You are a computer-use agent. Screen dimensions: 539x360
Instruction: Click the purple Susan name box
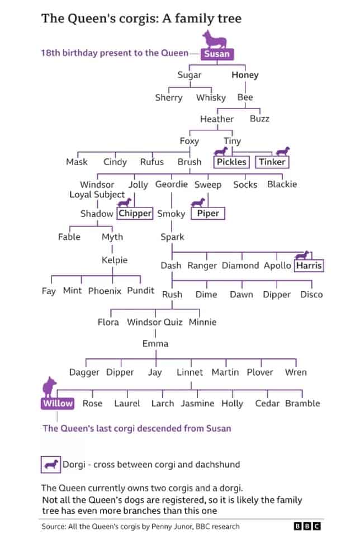click(x=216, y=54)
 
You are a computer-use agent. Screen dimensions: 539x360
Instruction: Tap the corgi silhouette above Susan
click(x=216, y=39)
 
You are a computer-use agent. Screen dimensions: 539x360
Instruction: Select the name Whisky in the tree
click(x=211, y=97)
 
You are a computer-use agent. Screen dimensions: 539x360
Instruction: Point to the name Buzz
click(x=259, y=119)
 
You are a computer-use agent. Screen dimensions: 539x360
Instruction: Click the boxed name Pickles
click(x=231, y=162)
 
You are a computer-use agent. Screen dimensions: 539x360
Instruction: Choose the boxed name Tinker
click(x=272, y=162)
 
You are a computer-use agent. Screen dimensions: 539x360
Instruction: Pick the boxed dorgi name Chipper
click(x=135, y=213)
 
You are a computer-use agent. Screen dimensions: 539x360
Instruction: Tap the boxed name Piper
click(x=208, y=213)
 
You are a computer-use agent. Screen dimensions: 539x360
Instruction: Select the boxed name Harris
click(x=309, y=266)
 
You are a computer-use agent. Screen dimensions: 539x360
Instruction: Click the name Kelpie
click(x=115, y=260)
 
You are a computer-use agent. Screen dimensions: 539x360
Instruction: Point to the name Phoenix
click(x=105, y=291)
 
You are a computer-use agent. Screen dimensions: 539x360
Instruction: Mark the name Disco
click(x=311, y=294)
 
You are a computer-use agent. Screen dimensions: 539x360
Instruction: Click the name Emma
click(x=155, y=343)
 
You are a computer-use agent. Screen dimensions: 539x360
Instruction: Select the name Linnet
click(x=190, y=372)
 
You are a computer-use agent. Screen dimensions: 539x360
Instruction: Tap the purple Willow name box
click(x=58, y=403)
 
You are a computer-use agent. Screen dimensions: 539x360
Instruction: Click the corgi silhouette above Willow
click(x=50, y=385)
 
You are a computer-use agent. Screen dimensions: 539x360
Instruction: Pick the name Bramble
click(x=302, y=403)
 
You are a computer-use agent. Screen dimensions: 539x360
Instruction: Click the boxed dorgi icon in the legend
click(x=51, y=464)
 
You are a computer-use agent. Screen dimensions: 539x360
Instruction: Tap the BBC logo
click(x=307, y=526)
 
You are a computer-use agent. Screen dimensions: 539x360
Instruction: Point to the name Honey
click(x=245, y=75)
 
